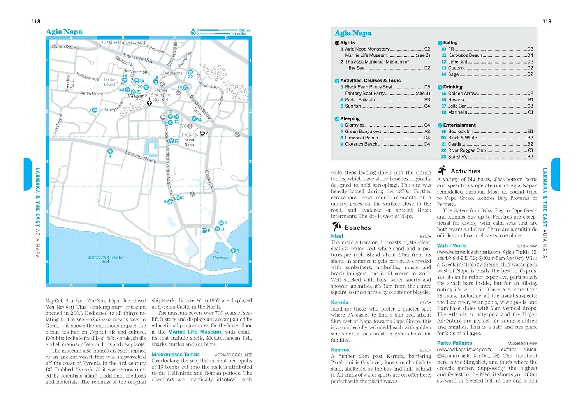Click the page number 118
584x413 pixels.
point(36,21)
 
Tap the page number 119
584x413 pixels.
point(547,21)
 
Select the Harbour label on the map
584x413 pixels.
point(220,258)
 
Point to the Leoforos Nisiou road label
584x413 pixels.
point(141,157)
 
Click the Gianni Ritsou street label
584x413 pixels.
point(65,47)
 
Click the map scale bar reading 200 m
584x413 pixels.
point(224,30)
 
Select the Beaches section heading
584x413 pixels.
point(357,228)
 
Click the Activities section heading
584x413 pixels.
point(465,171)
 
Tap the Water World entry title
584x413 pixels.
point(452,246)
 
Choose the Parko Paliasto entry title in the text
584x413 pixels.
point(454,343)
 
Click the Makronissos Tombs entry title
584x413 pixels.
point(176,355)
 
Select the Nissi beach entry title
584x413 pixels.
point(337,236)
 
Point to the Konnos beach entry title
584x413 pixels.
point(340,350)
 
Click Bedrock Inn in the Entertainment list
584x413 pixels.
point(461,131)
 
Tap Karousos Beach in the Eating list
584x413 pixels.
point(465,55)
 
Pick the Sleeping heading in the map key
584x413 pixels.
point(350,119)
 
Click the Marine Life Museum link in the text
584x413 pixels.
point(194,332)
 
